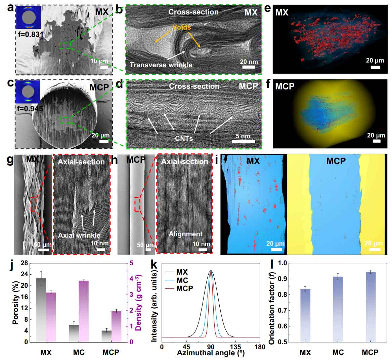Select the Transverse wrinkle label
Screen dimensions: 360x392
[161, 65]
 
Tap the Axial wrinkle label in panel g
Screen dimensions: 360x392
[79, 235]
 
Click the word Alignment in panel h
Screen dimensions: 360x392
[185, 234]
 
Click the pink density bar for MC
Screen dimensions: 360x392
[84, 311]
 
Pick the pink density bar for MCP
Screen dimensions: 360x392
[116, 326]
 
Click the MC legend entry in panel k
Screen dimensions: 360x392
[182, 280]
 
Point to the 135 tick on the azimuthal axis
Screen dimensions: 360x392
[235, 347]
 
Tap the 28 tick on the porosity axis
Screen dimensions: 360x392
[23, 264]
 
